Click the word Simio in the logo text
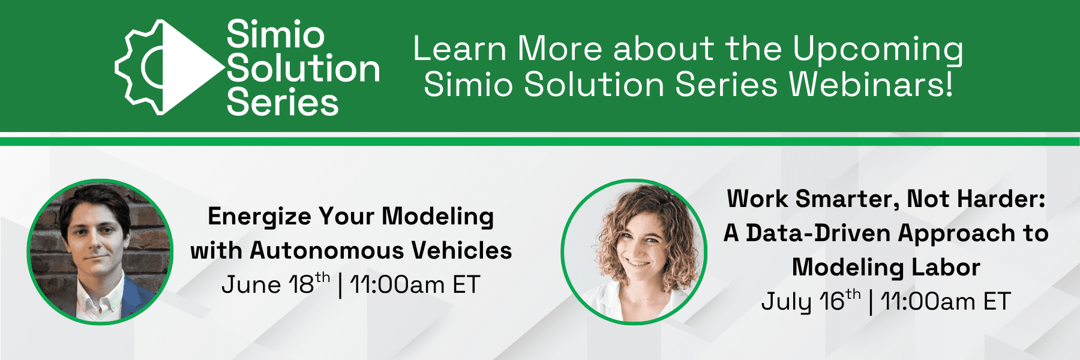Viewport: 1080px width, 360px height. pyautogui.click(x=275, y=34)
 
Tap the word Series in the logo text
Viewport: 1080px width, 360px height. pyautogui.click(x=283, y=103)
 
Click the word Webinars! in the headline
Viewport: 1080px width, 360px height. pyautogui.click(x=871, y=85)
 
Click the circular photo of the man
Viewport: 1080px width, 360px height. pyautogui.click(x=100, y=252)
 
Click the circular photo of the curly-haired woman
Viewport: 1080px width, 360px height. pyautogui.click(x=634, y=252)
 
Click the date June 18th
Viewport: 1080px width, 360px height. pyautogui.click(x=275, y=284)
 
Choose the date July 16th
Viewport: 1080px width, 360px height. pyautogui.click(x=811, y=301)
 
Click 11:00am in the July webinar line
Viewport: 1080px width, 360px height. pyautogui.click(x=928, y=301)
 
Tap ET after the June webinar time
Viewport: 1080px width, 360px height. pyautogui.click(x=466, y=284)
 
